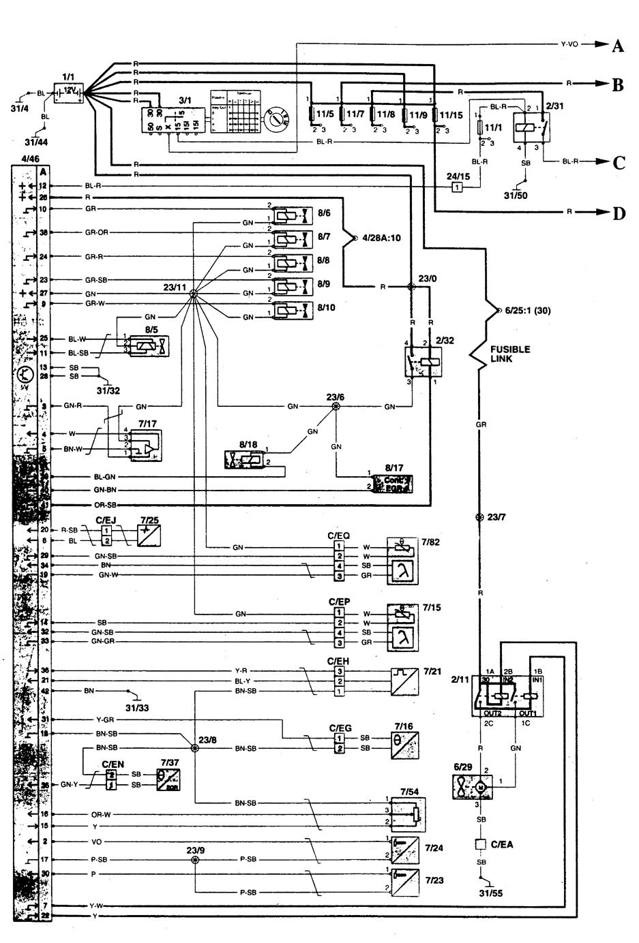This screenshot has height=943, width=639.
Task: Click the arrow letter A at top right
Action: click(617, 46)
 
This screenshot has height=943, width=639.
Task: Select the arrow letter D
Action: click(619, 213)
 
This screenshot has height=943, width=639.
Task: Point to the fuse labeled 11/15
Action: click(437, 114)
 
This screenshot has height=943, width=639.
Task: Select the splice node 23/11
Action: click(193, 294)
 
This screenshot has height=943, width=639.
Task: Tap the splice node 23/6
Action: click(335, 406)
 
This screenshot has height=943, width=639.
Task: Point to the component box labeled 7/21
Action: click(404, 681)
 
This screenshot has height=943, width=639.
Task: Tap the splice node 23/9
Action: click(196, 860)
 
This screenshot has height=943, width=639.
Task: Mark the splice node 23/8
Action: click(195, 747)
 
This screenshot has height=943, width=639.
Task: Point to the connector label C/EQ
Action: click(339, 536)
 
